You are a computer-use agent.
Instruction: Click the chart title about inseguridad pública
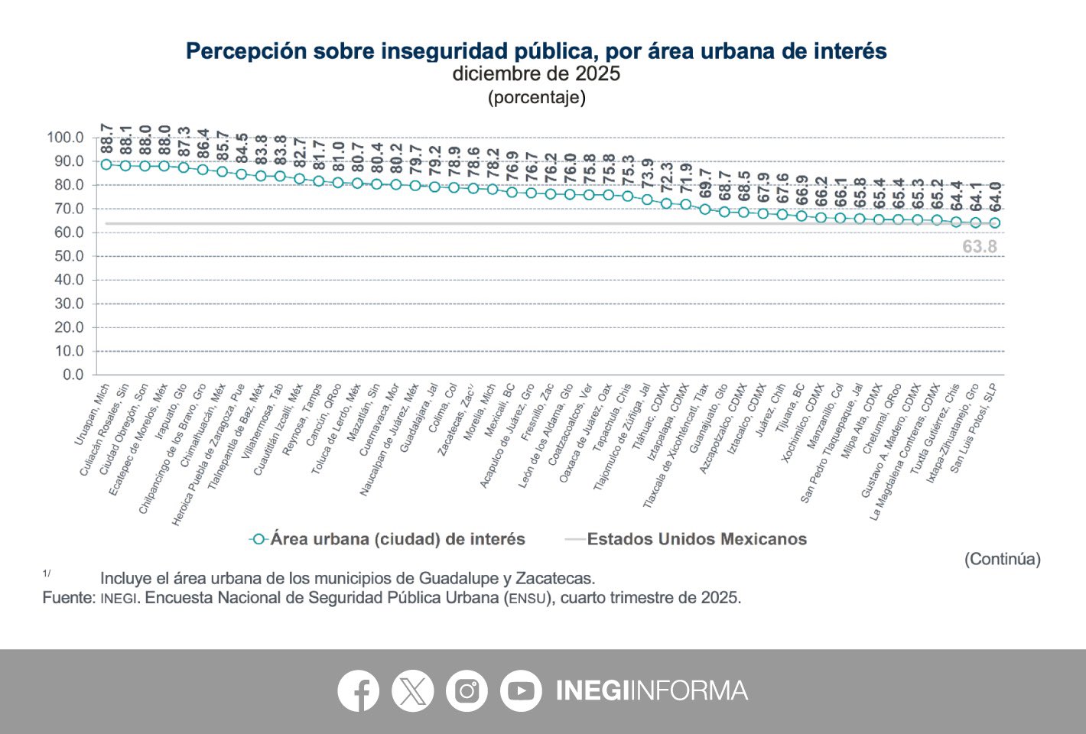coord(536,51)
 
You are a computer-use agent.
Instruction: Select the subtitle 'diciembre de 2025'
coord(536,74)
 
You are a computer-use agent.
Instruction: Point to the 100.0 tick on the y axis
coord(65,138)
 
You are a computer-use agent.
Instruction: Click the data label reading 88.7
coord(106,138)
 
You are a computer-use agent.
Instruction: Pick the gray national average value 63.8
coord(980,247)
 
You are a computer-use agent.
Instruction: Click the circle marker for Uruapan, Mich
coord(106,164)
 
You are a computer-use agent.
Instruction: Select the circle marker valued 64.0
coord(995,223)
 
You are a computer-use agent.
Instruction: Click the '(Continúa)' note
coord(1002,559)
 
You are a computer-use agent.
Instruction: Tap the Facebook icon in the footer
coord(358,690)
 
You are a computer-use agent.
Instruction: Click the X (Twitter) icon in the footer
coord(412,690)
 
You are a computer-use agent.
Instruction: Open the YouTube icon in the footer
coord(521,690)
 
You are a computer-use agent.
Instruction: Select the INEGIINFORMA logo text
coord(652,690)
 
